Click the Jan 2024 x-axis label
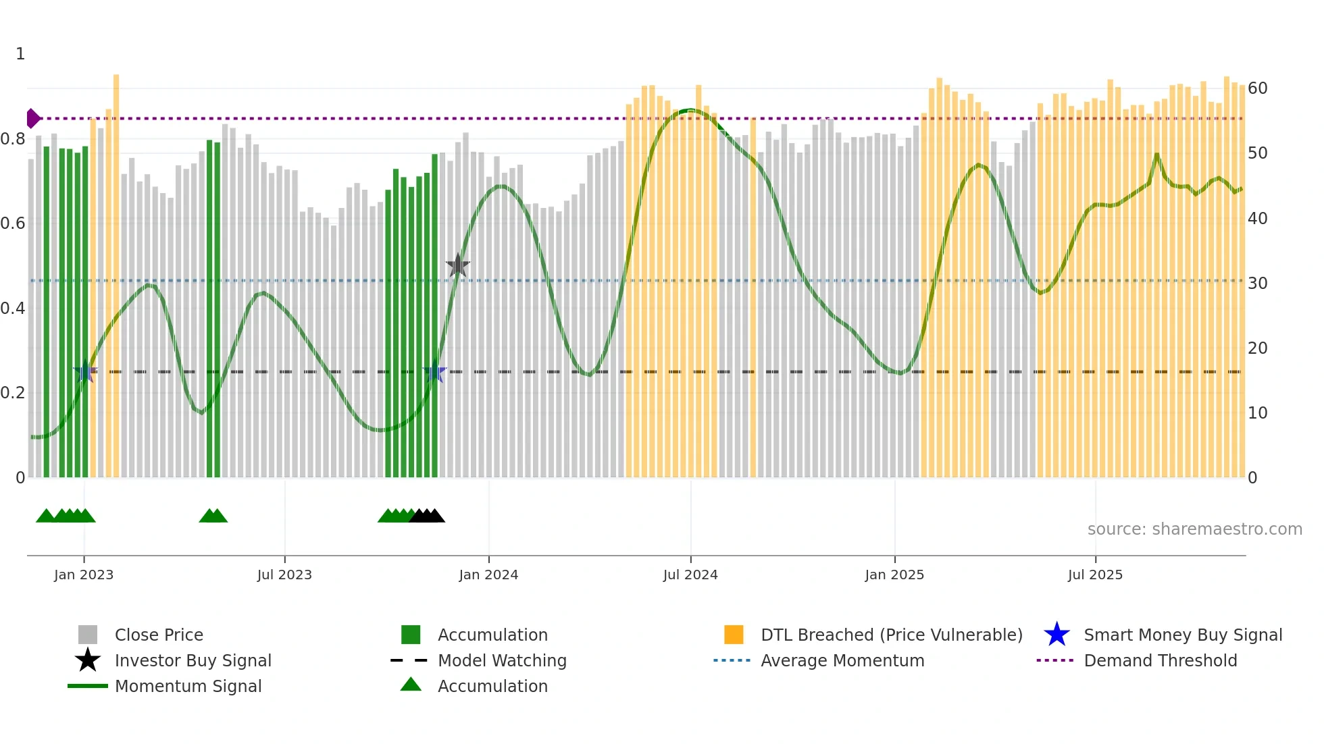[488, 575]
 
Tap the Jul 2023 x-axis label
[284, 575]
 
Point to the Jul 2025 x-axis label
[1095, 575]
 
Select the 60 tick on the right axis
[1257, 88]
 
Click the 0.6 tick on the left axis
[13, 223]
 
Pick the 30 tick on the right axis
[1257, 283]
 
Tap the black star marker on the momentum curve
[458, 266]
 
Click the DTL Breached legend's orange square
[734, 635]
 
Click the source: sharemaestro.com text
[1194, 529]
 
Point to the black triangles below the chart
[427, 516]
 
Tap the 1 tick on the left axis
[20, 54]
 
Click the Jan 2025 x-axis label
[894, 575]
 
